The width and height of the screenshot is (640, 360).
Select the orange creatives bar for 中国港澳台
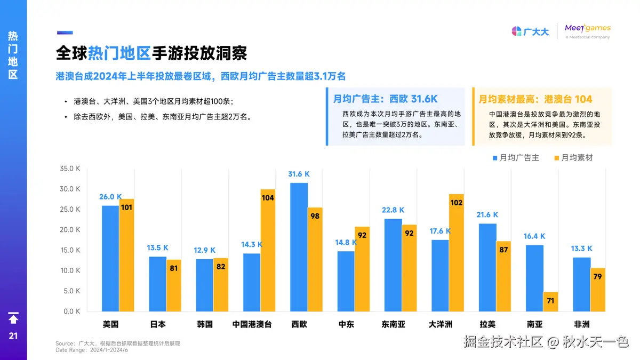pos(268,250)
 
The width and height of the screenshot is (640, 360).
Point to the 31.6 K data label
pos(299,174)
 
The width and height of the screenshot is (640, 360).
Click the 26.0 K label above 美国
pos(110,197)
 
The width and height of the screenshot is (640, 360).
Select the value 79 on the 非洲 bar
pos(597,277)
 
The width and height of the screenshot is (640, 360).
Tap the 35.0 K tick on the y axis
pos(70,169)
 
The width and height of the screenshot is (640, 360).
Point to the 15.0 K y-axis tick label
pos(70,250)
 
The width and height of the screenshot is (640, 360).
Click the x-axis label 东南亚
pos(394,324)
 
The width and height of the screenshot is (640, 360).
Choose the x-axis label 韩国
pos(205,324)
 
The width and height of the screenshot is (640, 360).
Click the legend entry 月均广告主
pos(515,158)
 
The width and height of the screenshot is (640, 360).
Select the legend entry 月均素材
pos(573,158)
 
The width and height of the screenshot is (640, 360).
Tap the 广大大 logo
pos(530,31)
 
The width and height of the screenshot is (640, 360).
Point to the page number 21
pos(13,336)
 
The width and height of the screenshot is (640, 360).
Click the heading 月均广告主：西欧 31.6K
pos(386,99)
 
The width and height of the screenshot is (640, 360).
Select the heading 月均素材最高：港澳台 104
pos(535,99)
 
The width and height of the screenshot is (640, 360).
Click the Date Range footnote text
pos(92,350)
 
